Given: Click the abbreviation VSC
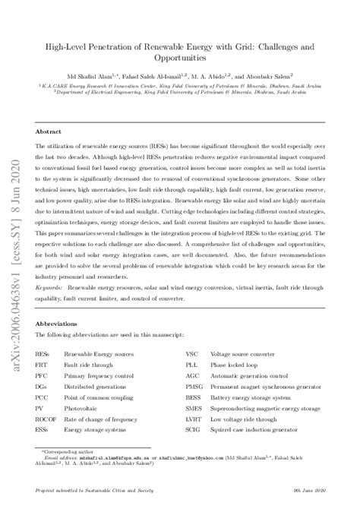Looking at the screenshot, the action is coord(194,354).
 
